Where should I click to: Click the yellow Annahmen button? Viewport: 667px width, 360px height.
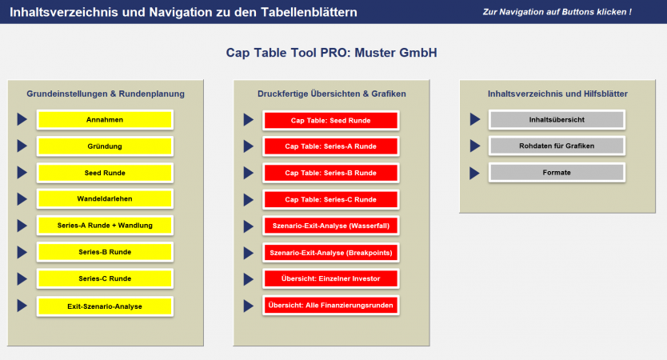click(x=105, y=120)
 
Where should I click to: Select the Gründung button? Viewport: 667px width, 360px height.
click(x=105, y=146)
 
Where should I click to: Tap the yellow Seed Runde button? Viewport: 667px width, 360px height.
click(x=105, y=173)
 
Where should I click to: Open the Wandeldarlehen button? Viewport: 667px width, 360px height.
click(x=105, y=199)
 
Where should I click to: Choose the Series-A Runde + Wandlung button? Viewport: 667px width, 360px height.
click(x=105, y=226)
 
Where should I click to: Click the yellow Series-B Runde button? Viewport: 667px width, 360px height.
click(x=105, y=252)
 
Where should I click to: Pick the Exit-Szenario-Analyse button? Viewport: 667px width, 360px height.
click(x=105, y=306)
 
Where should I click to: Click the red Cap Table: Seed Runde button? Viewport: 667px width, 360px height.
click(x=330, y=120)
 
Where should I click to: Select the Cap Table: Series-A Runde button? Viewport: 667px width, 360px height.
click(x=330, y=146)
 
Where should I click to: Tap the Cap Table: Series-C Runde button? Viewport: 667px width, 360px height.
click(x=330, y=199)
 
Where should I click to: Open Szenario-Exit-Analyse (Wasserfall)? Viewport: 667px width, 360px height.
click(x=330, y=226)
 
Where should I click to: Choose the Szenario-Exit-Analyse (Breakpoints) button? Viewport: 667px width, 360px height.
click(x=330, y=253)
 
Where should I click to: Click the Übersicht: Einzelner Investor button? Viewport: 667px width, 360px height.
click(x=330, y=278)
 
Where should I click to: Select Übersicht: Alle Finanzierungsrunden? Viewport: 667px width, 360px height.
click(x=330, y=306)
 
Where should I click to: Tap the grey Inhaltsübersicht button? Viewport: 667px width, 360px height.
click(x=557, y=120)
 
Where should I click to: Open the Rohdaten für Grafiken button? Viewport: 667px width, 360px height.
click(x=557, y=146)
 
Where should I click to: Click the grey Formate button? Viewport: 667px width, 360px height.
click(x=557, y=173)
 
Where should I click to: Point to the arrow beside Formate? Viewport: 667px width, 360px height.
click(x=475, y=173)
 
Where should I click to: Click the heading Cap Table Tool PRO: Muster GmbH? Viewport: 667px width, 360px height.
click(x=332, y=53)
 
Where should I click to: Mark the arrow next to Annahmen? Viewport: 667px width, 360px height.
click(x=22, y=120)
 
